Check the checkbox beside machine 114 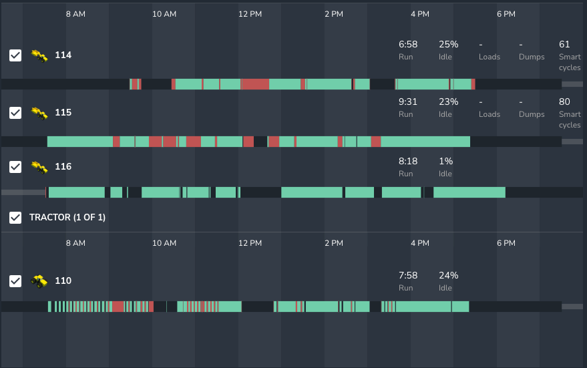point(15,55)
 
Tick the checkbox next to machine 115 point(15,113)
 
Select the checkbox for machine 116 point(15,166)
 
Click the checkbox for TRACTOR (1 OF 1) point(15,217)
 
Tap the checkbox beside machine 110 point(15,281)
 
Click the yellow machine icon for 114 point(39,55)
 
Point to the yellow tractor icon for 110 point(39,281)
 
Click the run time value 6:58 point(408,45)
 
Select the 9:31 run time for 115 point(408,102)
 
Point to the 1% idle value point(445,161)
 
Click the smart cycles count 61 point(564,45)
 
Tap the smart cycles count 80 point(564,102)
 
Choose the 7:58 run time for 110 point(408,275)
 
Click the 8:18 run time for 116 point(408,161)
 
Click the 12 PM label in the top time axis point(250,14)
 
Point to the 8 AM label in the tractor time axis point(75,243)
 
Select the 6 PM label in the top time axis point(506,14)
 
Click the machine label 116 point(63,166)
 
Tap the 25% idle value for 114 point(448,45)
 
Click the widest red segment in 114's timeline point(254,84)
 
